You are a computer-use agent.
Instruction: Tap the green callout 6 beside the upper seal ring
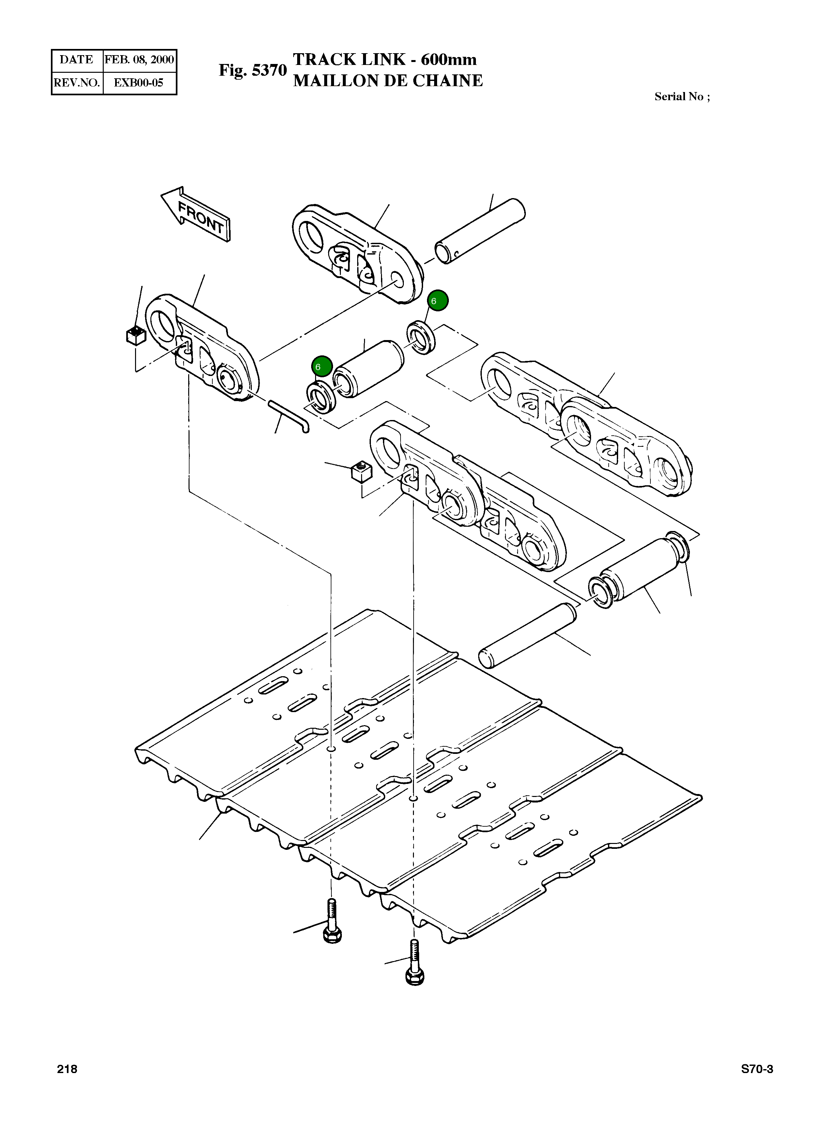437,301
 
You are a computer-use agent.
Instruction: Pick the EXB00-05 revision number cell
139,83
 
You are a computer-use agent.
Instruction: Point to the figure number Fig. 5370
253,71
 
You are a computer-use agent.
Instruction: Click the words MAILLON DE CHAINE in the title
388,81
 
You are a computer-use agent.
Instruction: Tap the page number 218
67,1069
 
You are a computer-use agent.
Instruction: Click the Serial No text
682,97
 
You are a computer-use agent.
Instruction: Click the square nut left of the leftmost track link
135,335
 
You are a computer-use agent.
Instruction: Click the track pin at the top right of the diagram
480,231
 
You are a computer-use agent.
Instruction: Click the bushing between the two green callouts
368,369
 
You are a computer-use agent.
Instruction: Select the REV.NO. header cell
77,83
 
